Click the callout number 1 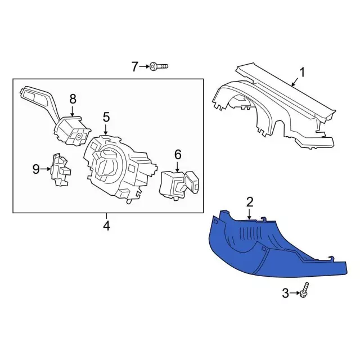tap(301, 72)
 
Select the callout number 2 tap(250, 201)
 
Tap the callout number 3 tap(285, 292)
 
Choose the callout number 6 tap(178, 154)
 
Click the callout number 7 tap(134, 67)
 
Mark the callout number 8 tap(73, 100)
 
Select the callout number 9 tap(36, 169)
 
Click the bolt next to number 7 tap(158, 67)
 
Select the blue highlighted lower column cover tap(264, 247)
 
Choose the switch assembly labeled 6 tap(179, 183)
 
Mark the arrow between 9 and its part tap(46, 169)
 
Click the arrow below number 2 tap(250, 213)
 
